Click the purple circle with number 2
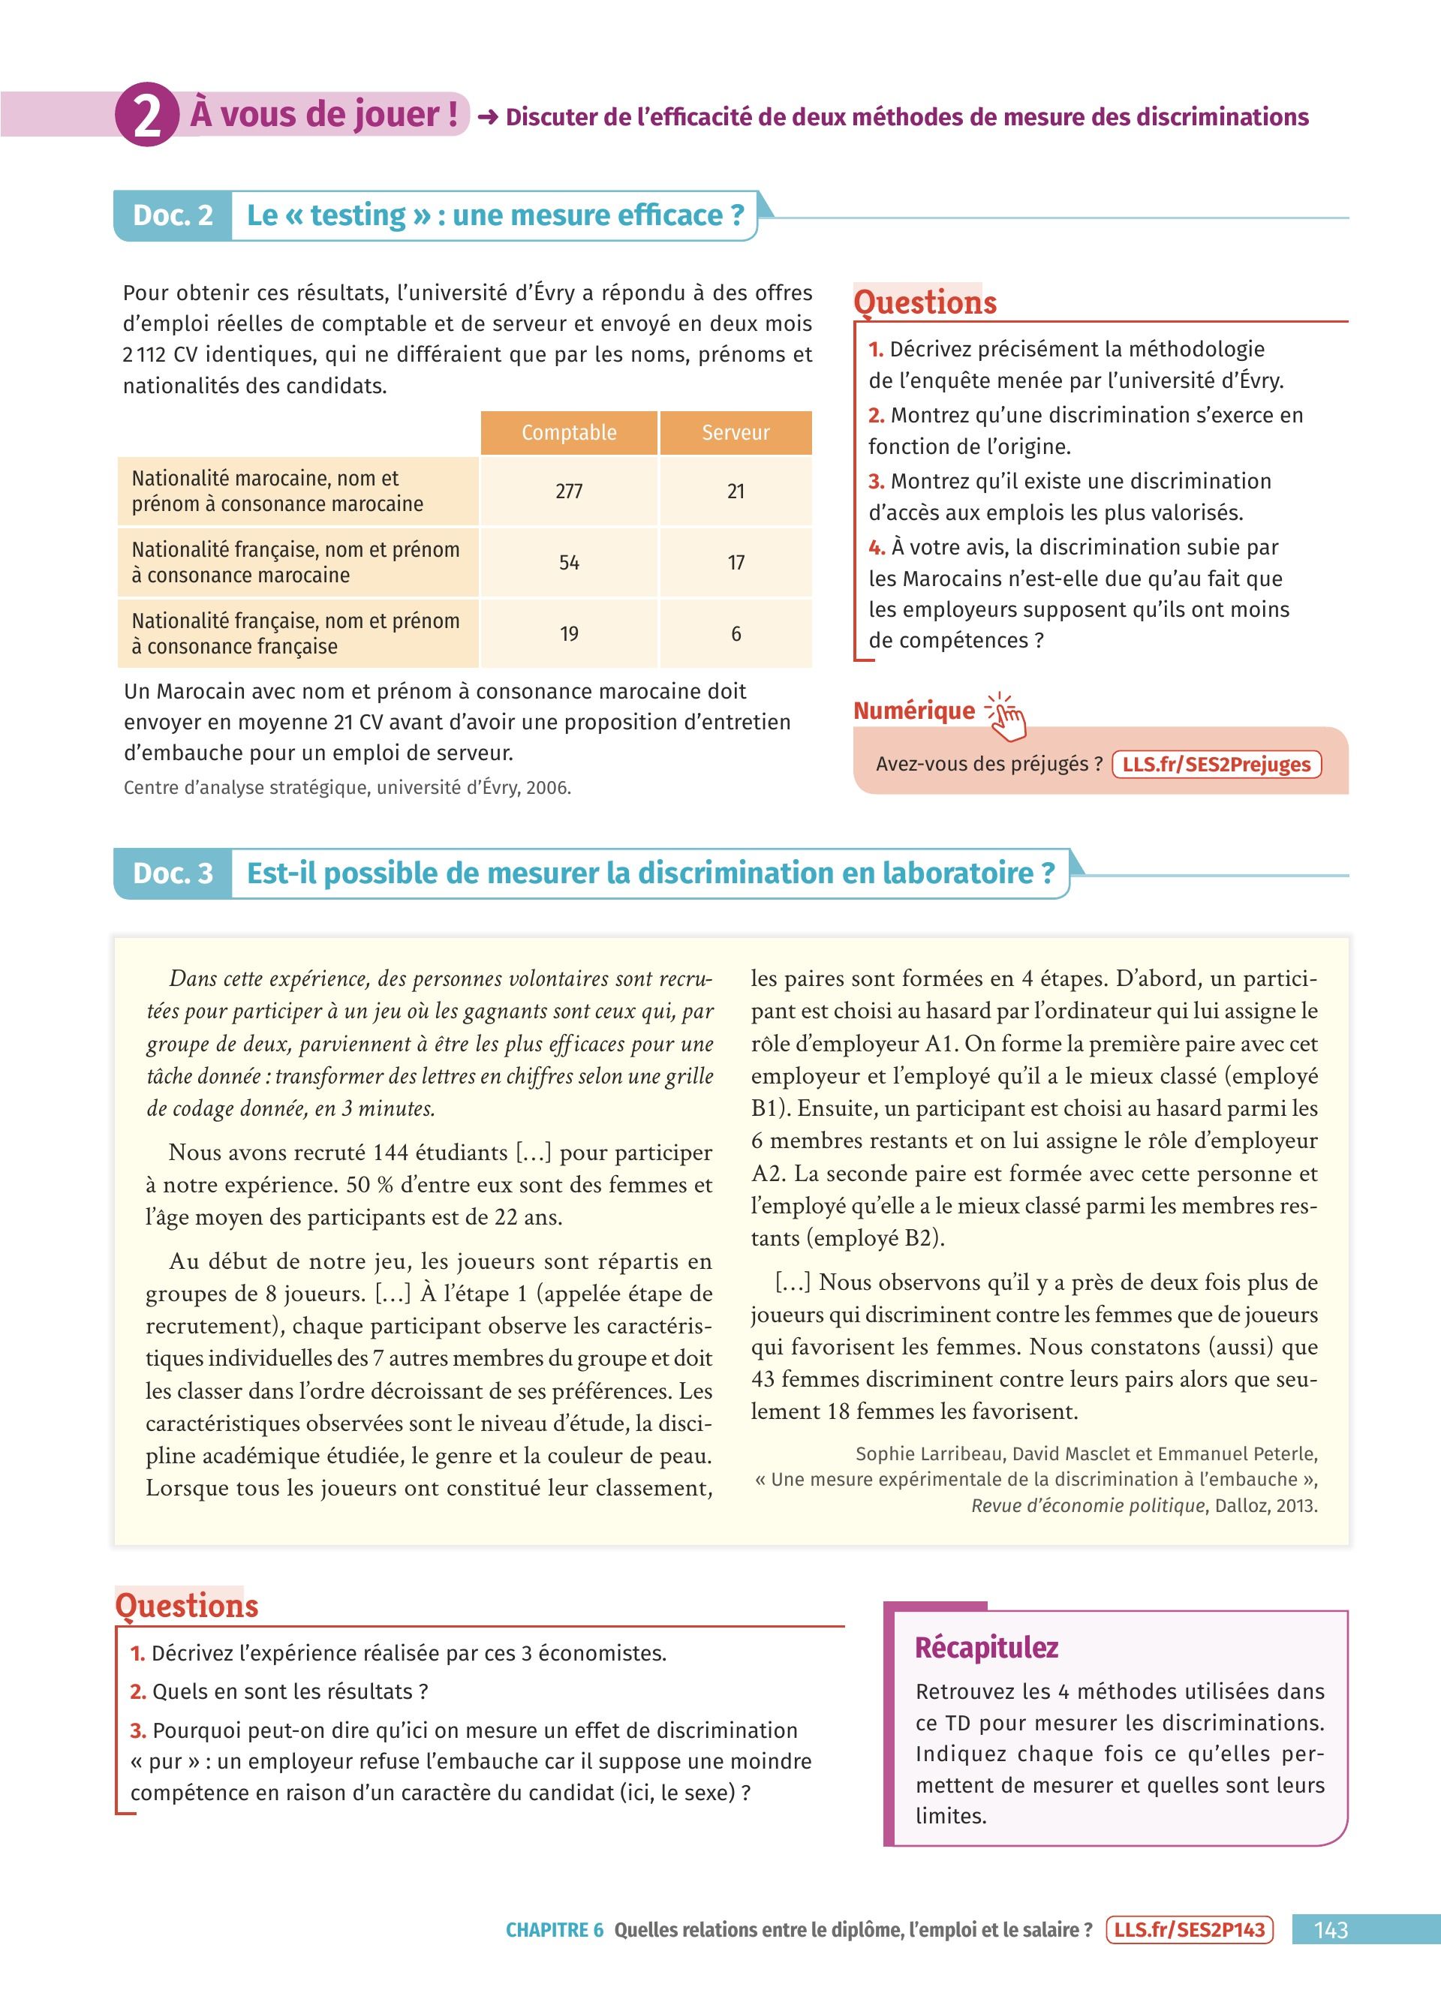point(147,115)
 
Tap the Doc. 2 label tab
point(173,215)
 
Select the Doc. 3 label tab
point(173,873)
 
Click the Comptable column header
point(568,432)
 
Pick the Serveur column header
point(736,432)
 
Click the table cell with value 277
point(568,491)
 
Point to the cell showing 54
point(568,562)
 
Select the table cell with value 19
point(568,633)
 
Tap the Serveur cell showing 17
point(736,562)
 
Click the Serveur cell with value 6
point(736,633)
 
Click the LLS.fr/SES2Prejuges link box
point(1216,764)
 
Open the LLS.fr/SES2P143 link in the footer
point(1190,1930)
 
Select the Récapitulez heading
point(986,1647)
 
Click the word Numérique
point(914,710)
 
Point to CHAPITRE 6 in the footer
point(555,1930)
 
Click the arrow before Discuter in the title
point(488,117)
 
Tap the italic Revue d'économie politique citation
point(1088,1505)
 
